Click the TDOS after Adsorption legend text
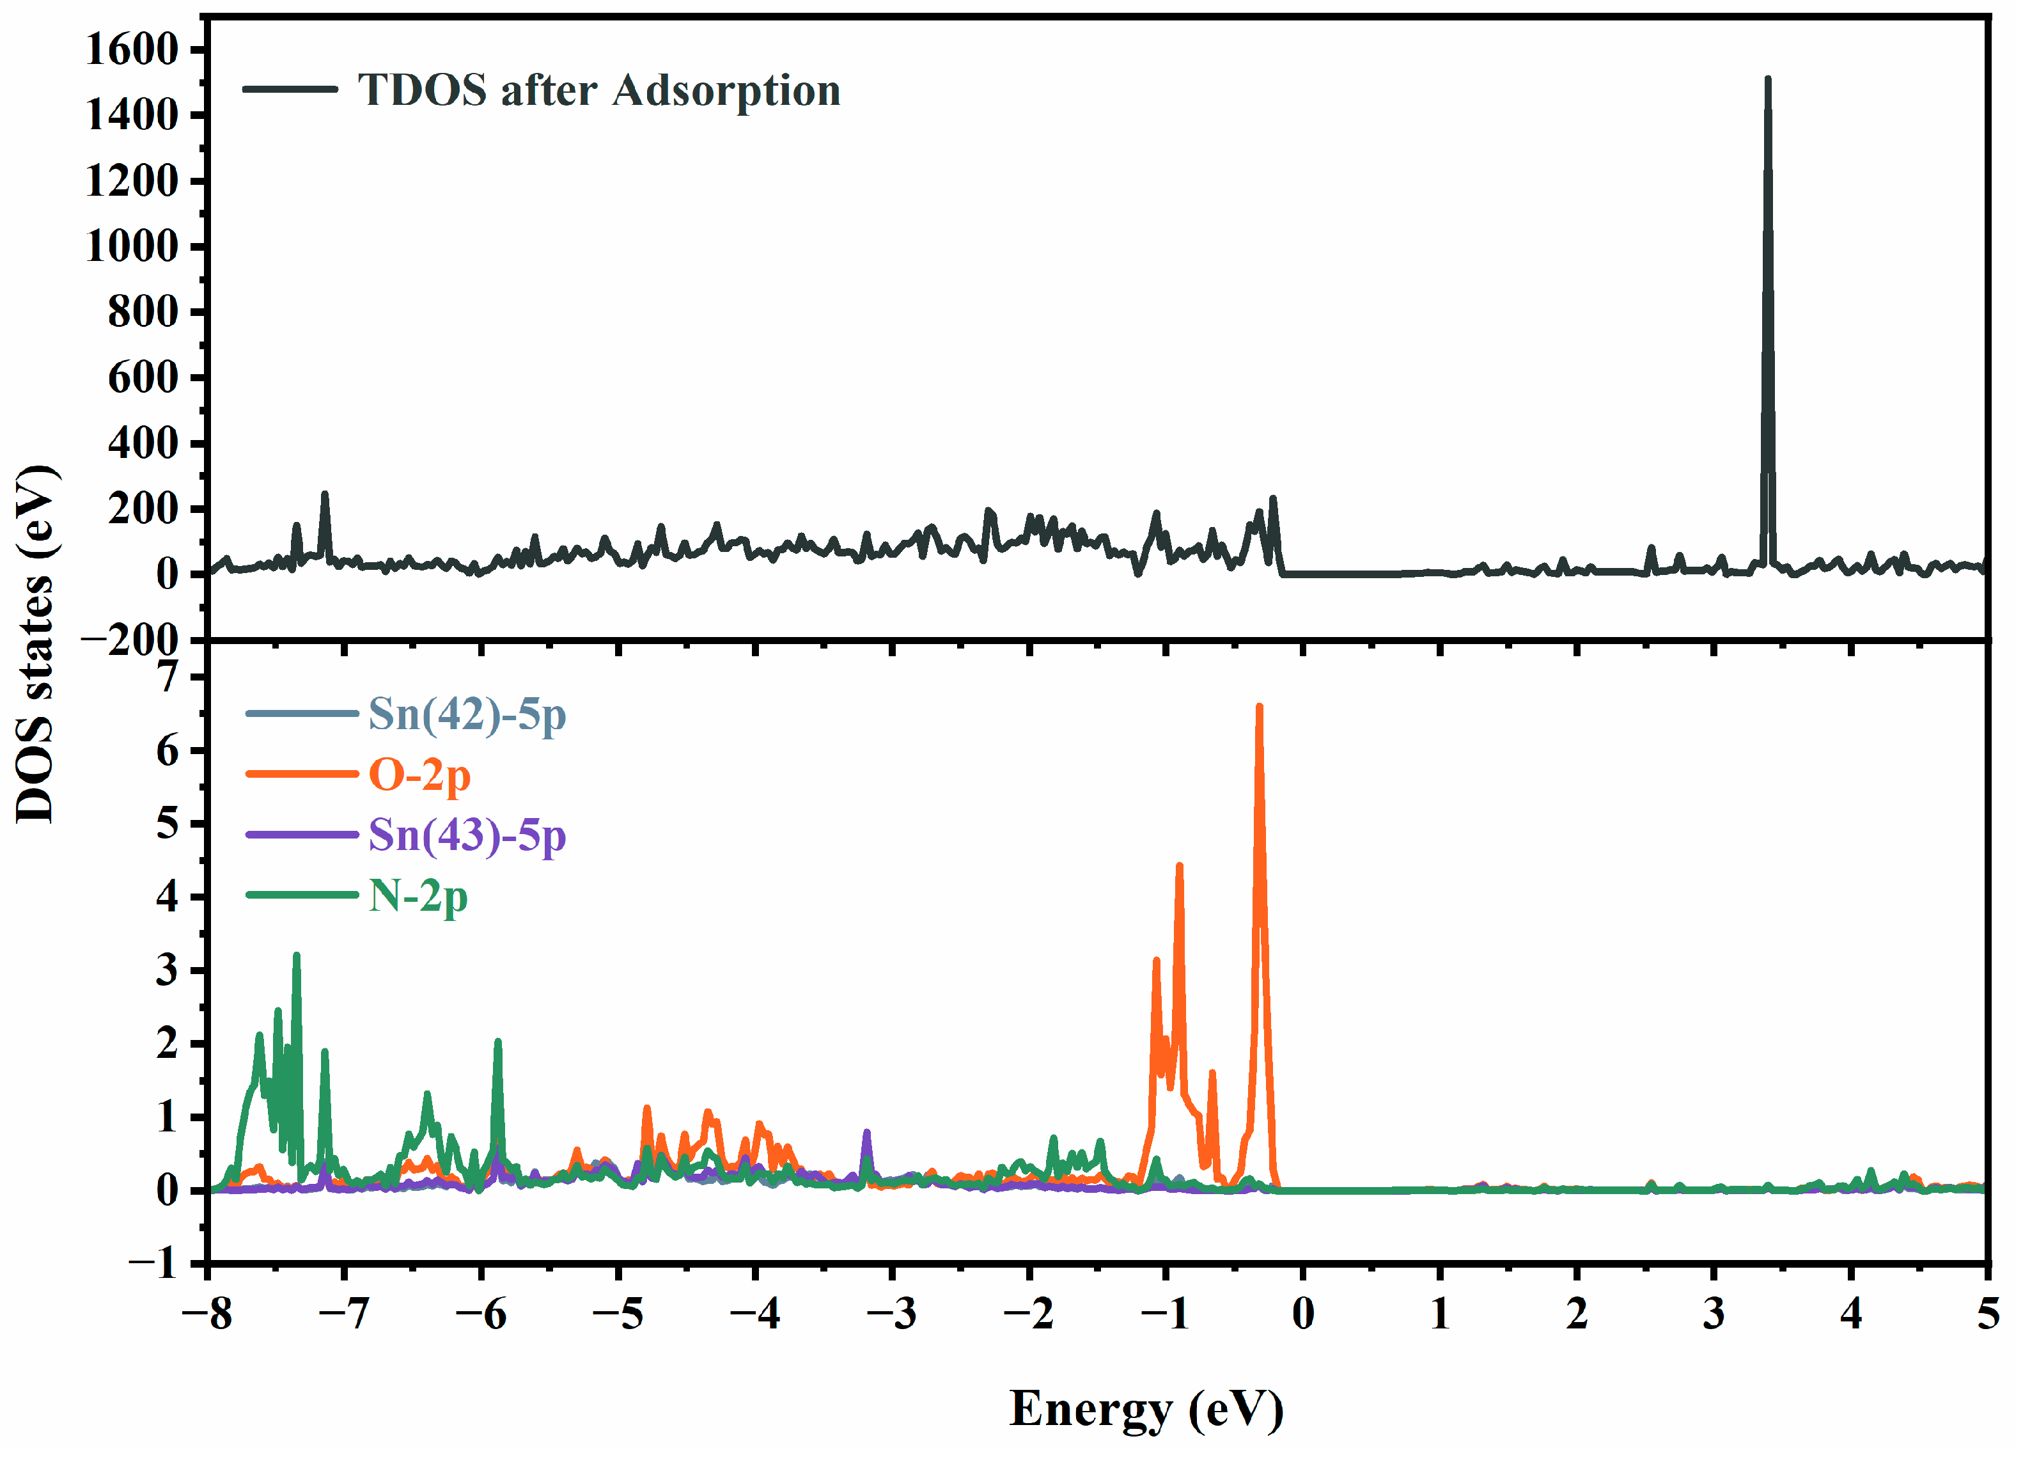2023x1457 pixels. [598, 90]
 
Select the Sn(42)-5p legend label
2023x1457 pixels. [467, 714]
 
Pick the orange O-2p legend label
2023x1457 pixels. [419, 775]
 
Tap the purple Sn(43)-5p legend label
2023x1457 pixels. [467, 836]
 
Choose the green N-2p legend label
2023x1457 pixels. [418, 896]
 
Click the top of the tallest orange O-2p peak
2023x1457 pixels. [1258, 707]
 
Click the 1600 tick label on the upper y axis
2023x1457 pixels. [132, 49]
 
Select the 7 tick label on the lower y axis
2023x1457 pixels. [168, 677]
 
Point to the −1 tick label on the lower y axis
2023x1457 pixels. [153, 1263]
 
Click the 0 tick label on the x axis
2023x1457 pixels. [1302, 1313]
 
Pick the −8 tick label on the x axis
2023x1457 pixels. [207, 1313]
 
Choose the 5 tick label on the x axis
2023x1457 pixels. [1987, 1313]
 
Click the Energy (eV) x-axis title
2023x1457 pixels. [1146, 1409]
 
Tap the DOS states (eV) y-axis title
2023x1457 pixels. [38, 642]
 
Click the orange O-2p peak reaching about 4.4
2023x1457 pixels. [1179, 865]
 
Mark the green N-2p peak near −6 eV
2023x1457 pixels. [497, 1041]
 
